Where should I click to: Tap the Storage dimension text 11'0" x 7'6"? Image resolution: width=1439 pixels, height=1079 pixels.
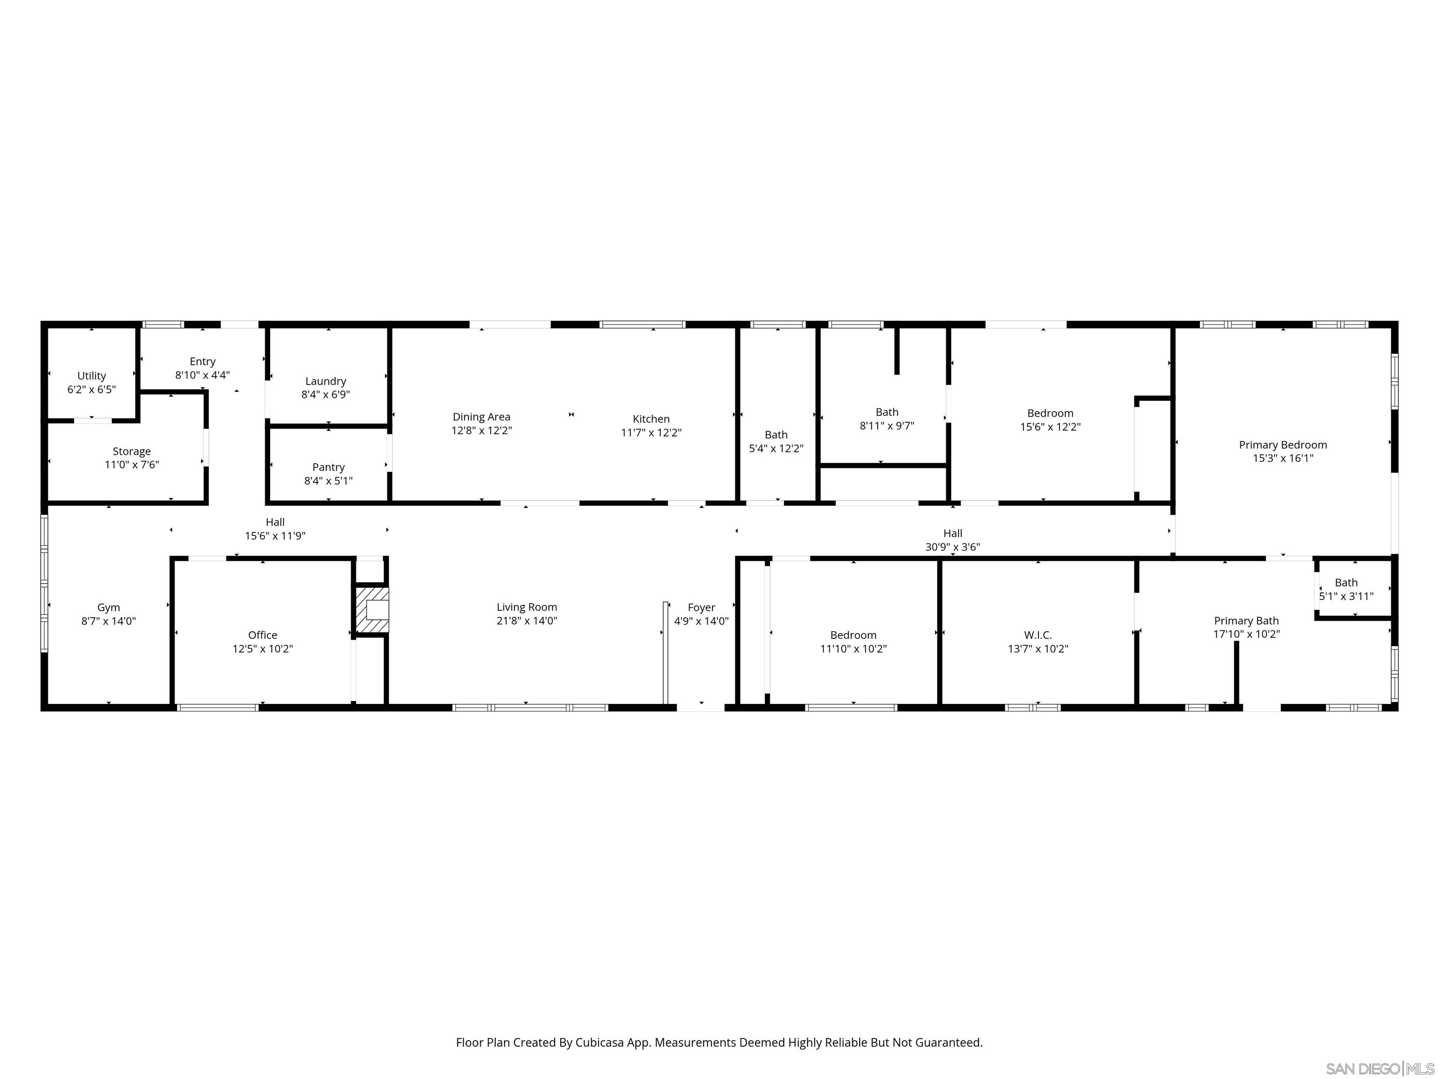pos(132,465)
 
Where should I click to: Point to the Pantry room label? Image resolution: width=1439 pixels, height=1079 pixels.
pos(328,467)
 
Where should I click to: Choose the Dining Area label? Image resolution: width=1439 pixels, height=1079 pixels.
pos(482,417)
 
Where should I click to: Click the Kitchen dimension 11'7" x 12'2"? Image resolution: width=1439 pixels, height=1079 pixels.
pos(651,433)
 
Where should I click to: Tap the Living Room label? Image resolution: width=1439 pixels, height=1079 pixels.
pos(527,607)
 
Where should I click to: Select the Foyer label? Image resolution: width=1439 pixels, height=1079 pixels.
pos(701,607)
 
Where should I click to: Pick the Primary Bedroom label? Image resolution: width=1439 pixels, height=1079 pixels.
pos(1282,445)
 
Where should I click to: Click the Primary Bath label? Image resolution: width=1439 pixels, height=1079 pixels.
pos(1246,621)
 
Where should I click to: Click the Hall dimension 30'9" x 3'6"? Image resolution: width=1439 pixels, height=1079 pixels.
pos(952,547)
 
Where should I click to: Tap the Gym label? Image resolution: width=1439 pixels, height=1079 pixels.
pos(108,607)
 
